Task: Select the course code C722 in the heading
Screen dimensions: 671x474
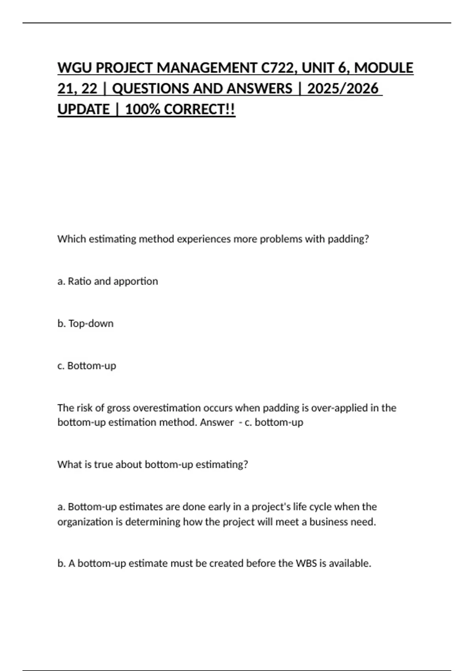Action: point(279,68)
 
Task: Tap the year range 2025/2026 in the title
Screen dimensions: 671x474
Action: point(342,88)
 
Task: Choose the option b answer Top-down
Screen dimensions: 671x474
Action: point(91,323)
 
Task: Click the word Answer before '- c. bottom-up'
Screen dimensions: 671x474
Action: point(217,422)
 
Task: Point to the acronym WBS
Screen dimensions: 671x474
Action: point(306,563)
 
